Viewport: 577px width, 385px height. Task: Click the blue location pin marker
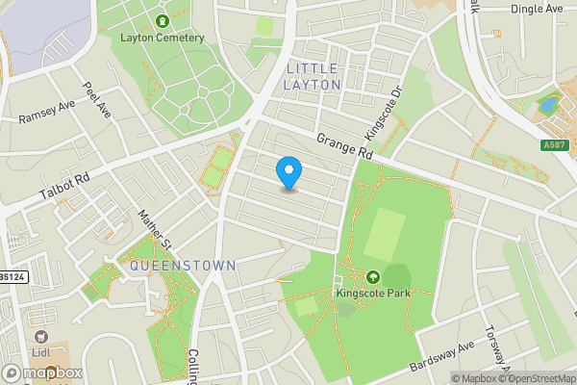(x=288, y=171)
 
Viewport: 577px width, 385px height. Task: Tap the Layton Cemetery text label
(x=163, y=38)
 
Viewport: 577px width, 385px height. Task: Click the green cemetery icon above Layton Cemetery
(x=162, y=20)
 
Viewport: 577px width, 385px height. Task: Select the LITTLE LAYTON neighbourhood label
(x=313, y=76)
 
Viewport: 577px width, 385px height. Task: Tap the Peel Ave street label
(x=96, y=99)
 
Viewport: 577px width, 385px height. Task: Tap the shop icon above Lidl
(x=41, y=336)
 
